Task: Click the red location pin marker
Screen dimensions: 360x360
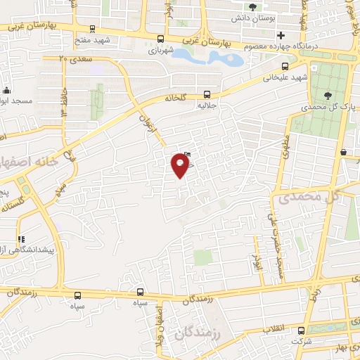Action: (x=180, y=165)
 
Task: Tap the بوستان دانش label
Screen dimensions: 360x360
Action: (x=252, y=16)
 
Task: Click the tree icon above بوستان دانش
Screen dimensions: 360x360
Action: (x=252, y=6)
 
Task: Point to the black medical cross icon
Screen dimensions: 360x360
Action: (x=281, y=35)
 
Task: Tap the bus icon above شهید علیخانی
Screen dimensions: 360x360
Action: (x=275, y=69)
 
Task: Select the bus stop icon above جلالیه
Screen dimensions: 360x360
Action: (x=206, y=94)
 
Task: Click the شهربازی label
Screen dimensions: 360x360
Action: (x=160, y=50)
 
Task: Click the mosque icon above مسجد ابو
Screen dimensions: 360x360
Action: (x=7, y=91)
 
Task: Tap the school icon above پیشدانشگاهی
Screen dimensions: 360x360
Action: (x=20, y=239)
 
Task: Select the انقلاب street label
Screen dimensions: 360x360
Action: (x=274, y=329)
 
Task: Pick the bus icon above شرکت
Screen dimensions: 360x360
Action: (x=301, y=330)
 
